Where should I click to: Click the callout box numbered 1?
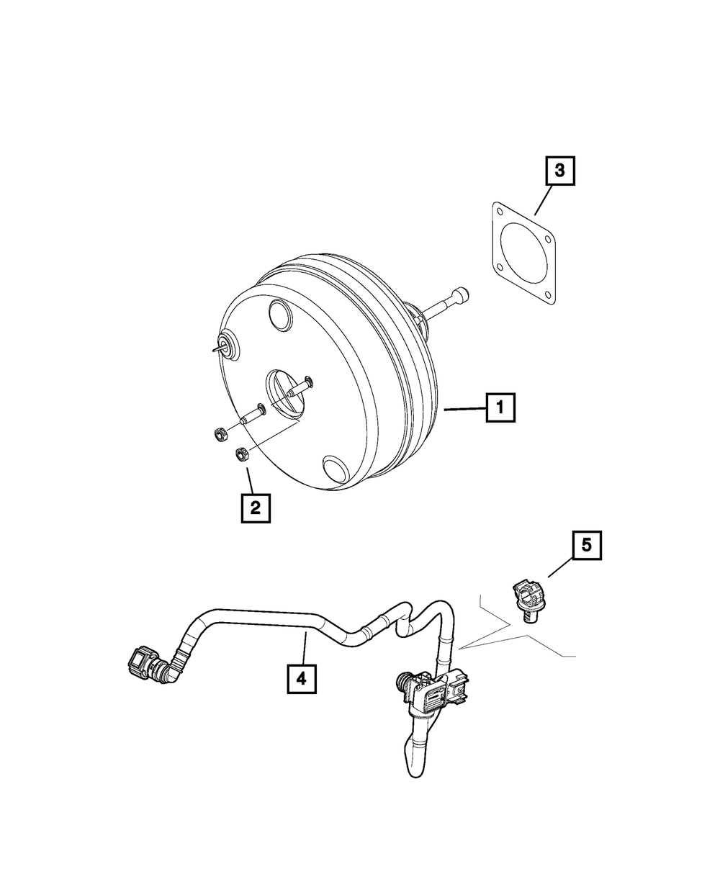point(500,409)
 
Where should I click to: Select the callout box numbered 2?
point(255,508)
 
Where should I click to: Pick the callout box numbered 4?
point(301,678)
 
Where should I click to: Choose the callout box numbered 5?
point(587,545)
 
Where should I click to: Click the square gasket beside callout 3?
point(523,253)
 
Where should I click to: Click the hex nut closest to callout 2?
point(243,454)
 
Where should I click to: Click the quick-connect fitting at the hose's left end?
point(140,660)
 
